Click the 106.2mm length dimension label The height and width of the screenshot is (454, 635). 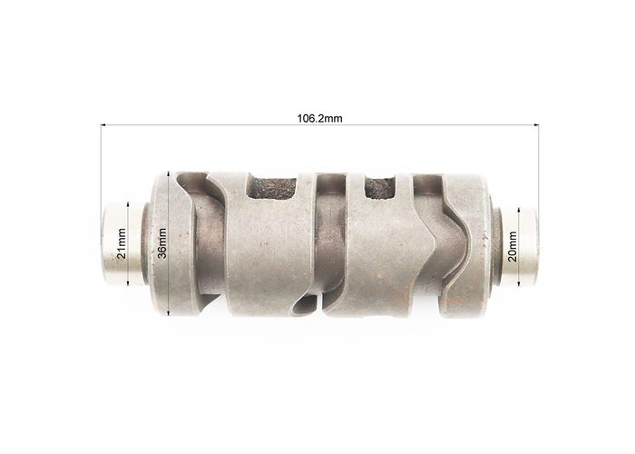[319, 118]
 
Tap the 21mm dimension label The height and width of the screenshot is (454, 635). [122, 243]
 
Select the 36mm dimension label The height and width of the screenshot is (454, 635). [161, 243]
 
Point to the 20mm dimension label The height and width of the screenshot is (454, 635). [513, 246]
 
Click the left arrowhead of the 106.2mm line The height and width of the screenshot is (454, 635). [103, 125]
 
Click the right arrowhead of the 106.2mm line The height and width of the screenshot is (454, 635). [536, 125]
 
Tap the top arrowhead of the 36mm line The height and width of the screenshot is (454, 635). [169, 173]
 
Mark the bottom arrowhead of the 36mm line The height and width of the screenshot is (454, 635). [169, 313]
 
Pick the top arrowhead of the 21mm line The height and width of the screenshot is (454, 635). [128, 204]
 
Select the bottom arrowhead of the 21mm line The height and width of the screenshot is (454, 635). [128, 282]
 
